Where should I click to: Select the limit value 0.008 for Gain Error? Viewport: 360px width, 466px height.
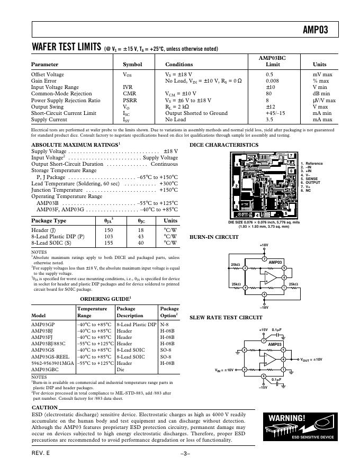tap(273, 81)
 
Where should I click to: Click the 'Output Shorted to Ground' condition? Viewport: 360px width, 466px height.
tap(196, 113)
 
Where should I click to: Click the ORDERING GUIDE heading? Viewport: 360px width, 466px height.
tap(104, 299)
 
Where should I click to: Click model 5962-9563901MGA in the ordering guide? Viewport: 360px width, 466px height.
tap(53, 363)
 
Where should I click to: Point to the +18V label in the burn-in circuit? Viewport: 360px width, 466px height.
tap(264, 245)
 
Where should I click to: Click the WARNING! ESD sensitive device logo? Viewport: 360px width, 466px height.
tap(300, 426)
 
